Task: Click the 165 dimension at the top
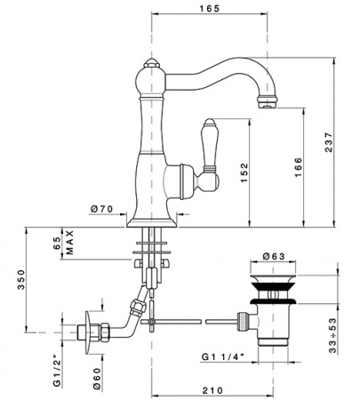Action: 210,9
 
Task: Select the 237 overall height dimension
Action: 329,142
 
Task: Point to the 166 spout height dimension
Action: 298,167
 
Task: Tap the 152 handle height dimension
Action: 244,172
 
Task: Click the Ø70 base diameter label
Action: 101,209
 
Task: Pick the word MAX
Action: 69,243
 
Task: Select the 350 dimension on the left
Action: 21,280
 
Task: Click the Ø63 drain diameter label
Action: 274,256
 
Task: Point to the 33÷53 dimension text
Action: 333,335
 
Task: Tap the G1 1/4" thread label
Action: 223,356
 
